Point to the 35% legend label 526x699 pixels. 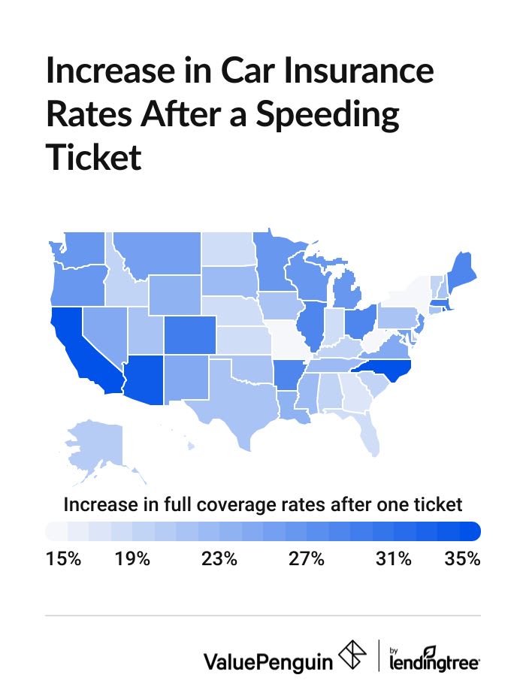point(461,559)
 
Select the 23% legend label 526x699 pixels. point(219,559)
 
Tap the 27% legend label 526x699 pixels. point(307,559)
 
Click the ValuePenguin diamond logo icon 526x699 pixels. point(354,655)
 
